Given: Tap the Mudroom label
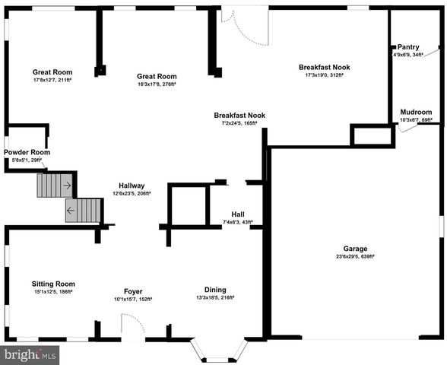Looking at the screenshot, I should pos(416,112).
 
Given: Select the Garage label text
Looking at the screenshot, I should pos(355,249).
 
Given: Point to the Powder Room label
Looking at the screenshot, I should pos(27,152).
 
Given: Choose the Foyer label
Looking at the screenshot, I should pos(133,291).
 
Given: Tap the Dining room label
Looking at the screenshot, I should pos(214,289).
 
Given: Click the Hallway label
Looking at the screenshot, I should pos(132,186).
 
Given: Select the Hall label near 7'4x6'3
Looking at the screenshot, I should pos(237,214).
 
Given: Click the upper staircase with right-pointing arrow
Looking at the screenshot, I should pos(55,185).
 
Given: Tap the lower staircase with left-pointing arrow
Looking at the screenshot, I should pos(84,211).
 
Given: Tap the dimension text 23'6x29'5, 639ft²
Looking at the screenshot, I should pos(355,257).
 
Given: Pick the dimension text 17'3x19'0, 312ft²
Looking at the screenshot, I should pos(325,75).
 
